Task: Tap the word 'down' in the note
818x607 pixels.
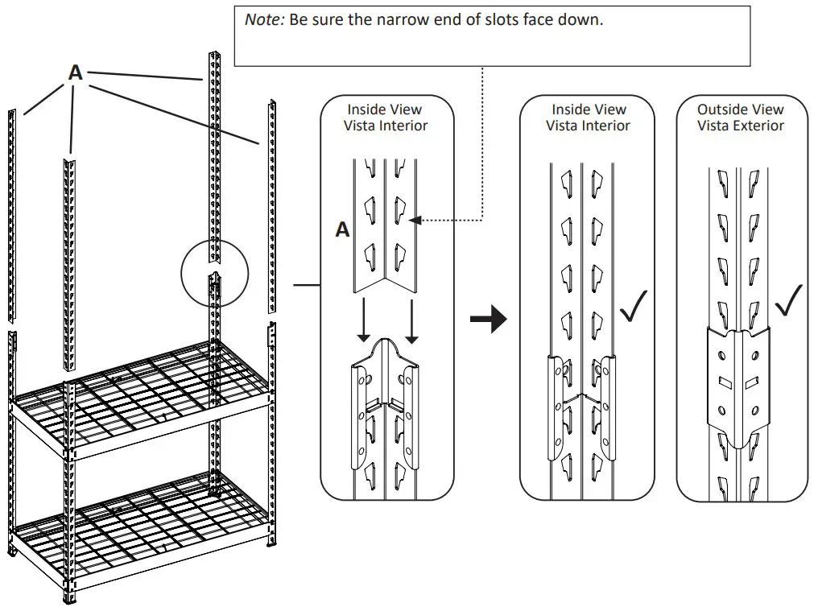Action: click(x=583, y=19)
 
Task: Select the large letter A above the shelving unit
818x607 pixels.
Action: click(x=75, y=72)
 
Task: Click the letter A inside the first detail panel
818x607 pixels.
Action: click(x=342, y=230)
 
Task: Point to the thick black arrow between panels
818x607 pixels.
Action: click(x=488, y=320)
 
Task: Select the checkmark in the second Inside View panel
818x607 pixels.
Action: click(x=634, y=305)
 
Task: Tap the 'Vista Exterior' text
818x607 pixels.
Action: click(x=740, y=126)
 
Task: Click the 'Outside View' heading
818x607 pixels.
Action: click(x=740, y=109)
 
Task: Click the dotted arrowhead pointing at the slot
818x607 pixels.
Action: click(x=415, y=219)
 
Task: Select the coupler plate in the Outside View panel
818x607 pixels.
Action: click(x=739, y=378)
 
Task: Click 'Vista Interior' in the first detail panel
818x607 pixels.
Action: click(x=386, y=126)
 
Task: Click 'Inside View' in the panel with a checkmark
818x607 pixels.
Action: click(x=588, y=109)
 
